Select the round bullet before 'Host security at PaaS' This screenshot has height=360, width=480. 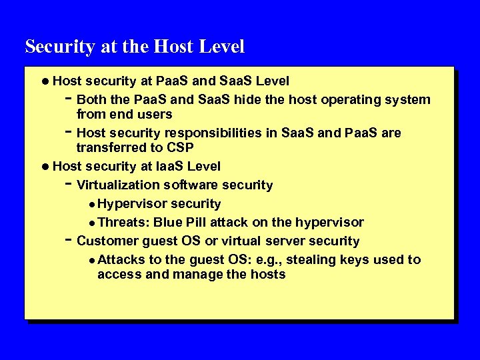pos(45,81)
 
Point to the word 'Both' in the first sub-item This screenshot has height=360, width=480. pos(91,100)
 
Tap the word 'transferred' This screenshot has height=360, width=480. pos(111,147)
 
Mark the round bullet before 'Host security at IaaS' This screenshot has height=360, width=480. pos(45,166)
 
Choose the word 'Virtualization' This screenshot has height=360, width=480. pos(119,185)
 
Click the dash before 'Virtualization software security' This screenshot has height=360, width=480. pos(69,183)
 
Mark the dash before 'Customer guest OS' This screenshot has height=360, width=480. pos(69,239)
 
